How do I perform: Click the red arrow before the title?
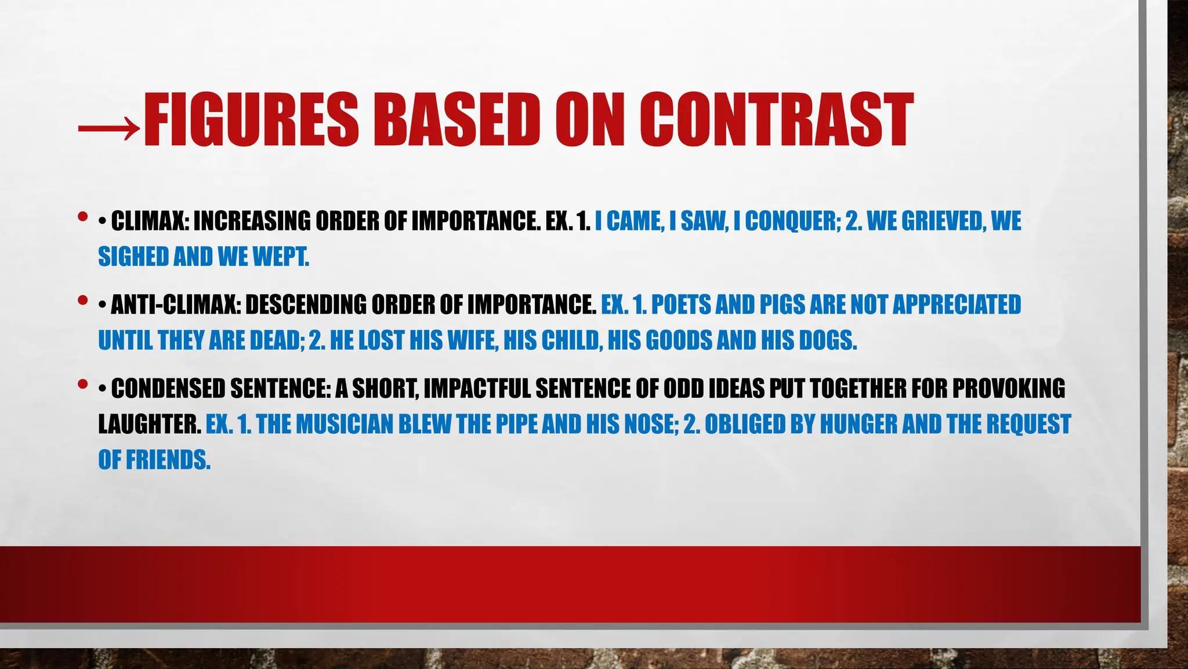click(x=109, y=124)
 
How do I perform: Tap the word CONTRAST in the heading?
click(x=777, y=120)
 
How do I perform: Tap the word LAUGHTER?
click(x=149, y=425)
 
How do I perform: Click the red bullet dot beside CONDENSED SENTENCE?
click(x=82, y=384)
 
